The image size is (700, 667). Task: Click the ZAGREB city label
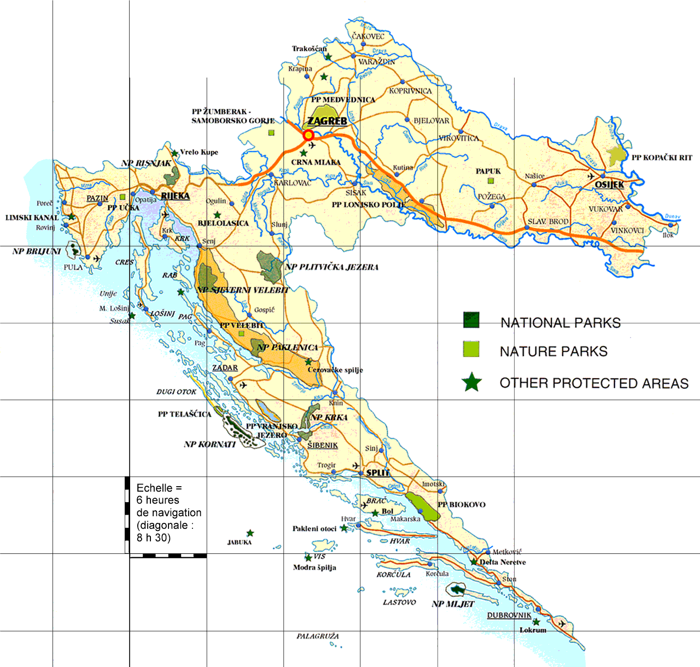tap(327, 121)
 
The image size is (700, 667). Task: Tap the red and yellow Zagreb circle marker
tap(308, 135)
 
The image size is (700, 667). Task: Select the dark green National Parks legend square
tap(471, 320)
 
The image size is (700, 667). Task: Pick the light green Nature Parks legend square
tap(471, 349)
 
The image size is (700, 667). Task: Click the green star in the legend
tap(471, 382)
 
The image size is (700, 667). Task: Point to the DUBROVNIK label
tap(509, 615)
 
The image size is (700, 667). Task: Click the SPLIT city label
tap(378, 473)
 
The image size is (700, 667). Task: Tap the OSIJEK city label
tap(609, 185)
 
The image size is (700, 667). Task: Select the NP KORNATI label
tap(209, 445)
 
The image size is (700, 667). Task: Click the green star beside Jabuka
tap(250, 533)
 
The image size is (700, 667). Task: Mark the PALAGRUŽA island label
tap(318, 636)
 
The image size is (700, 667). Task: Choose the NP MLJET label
tap(453, 604)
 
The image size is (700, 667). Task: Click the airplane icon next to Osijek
tap(591, 176)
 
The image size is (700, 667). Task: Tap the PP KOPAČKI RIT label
tap(662, 158)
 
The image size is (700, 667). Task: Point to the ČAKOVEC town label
tap(368, 36)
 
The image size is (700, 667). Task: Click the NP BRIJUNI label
tap(37, 252)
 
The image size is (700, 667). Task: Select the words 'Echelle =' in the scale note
tap(159, 488)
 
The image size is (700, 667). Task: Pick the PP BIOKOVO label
tap(462, 505)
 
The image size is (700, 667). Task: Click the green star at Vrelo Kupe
tap(174, 154)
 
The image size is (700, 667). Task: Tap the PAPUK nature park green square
tap(491, 181)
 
